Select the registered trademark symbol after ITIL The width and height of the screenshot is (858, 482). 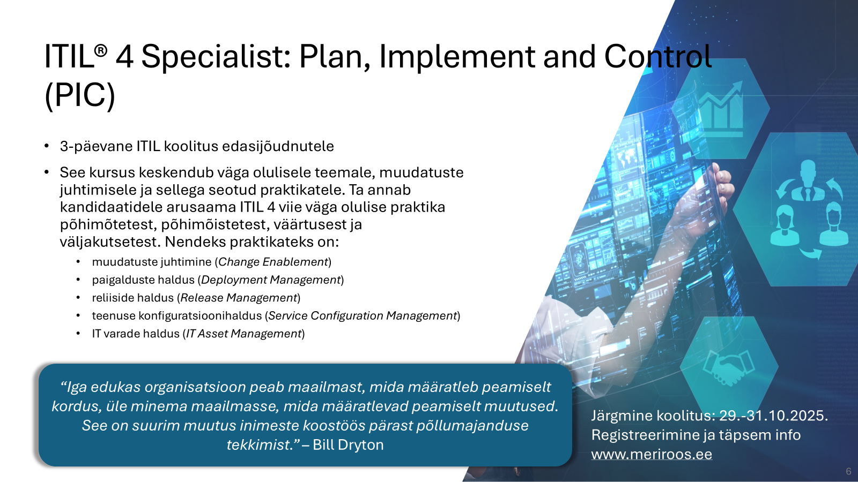coord(100,50)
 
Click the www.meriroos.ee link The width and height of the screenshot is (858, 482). coord(652,455)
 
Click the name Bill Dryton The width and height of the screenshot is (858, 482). coord(348,445)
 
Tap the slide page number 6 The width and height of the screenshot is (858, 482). coord(848,471)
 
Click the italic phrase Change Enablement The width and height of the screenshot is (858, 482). coord(273,262)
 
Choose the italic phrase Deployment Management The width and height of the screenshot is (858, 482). coord(271,280)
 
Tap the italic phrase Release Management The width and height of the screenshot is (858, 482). coord(239,298)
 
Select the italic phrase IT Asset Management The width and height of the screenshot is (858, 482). coord(243,334)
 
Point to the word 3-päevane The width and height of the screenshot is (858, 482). coord(96,147)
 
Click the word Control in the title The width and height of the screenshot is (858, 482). coord(658,57)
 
